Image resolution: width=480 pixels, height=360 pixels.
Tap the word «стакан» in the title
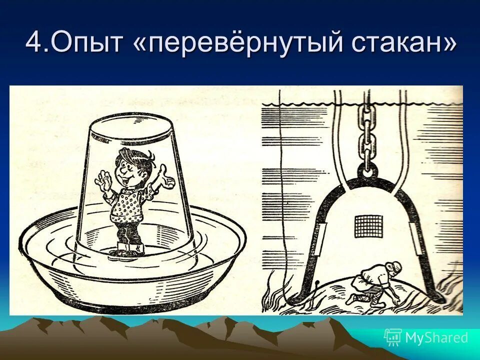tap(397, 43)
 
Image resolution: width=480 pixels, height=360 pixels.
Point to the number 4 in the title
tap(34, 43)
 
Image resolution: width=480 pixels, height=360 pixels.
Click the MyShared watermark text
tap(436, 337)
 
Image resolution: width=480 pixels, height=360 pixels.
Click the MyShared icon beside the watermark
tap(392, 337)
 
